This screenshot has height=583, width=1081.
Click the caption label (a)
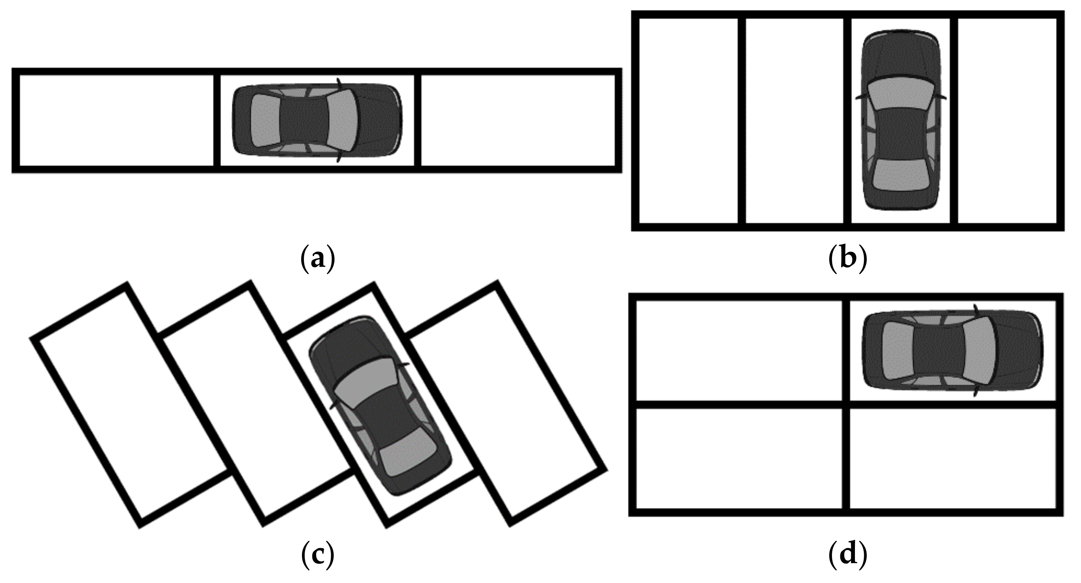[x=318, y=260]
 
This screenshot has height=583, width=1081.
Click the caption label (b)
[x=848, y=260]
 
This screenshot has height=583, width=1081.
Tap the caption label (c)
[x=318, y=555]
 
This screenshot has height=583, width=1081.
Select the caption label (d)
[x=848, y=555]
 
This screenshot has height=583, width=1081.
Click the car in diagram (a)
[x=317, y=121]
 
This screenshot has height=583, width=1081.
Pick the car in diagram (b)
[x=901, y=120]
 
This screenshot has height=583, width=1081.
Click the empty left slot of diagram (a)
[x=116, y=121]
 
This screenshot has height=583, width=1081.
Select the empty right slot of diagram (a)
[x=518, y=121]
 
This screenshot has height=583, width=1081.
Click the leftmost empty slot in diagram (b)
[x=688, y=121]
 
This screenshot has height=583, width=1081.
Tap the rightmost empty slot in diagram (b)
[x=1007, y=121]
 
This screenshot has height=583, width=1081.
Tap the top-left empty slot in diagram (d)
[x=738, y=350]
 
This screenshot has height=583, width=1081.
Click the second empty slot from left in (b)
[x=794, y=121]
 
